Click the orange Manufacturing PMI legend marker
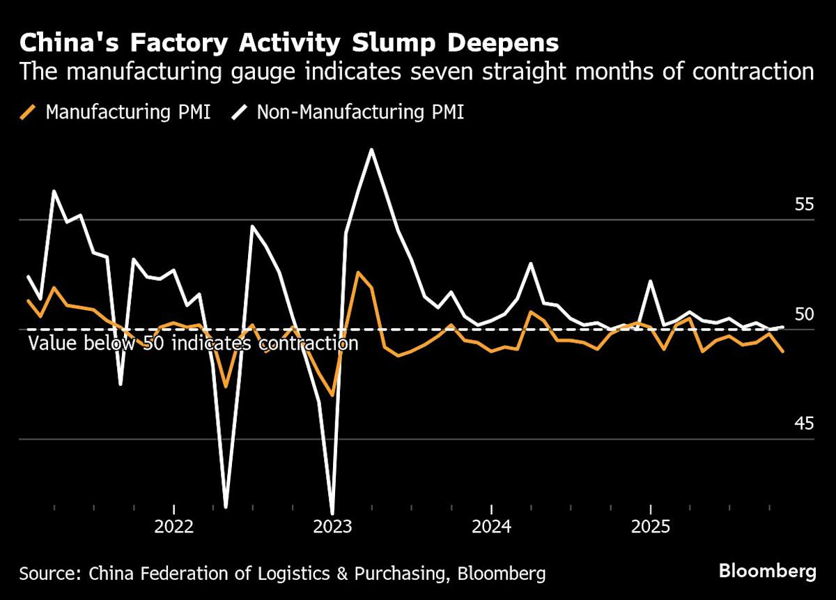click(29, 111)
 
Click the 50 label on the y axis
click(804, 314)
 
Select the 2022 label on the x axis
click(173, 525)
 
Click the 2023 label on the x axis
click(332, 525)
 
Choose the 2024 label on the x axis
click(491, 525)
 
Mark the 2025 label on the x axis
click(650, 525)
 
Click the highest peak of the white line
click(371, 149)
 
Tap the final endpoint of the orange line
click(782, 351)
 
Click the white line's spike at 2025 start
click(650, 281)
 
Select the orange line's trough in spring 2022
click(226, 385)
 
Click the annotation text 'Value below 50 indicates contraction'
click(193, 344)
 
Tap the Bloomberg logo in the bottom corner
click(767, 572)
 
